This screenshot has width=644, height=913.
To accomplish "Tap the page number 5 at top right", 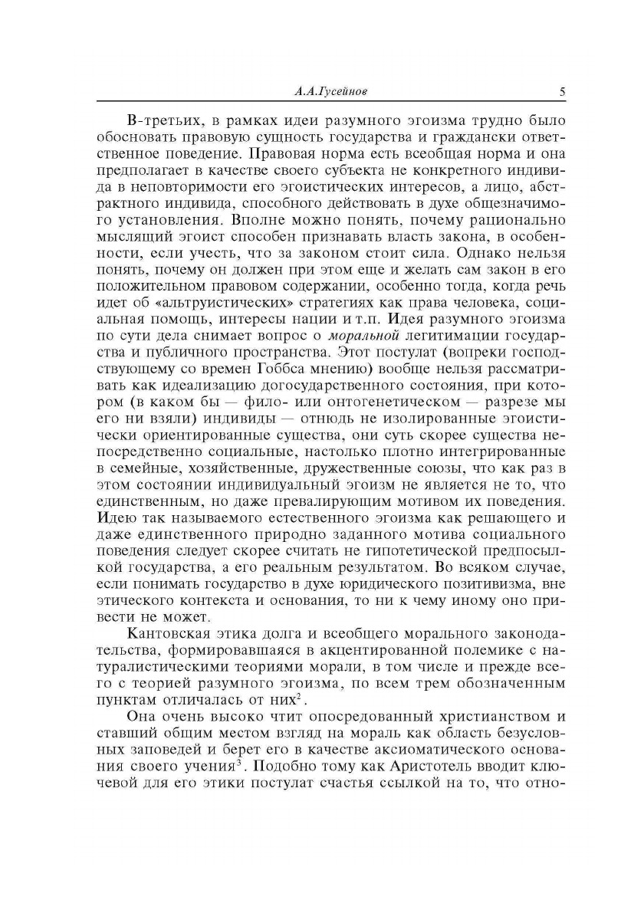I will (x=562, y=92).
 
